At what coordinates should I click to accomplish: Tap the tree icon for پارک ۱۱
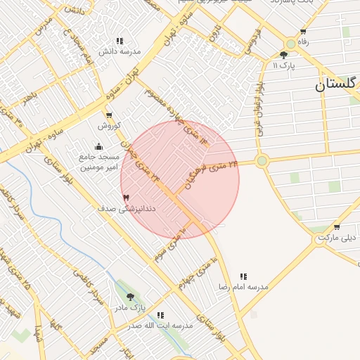point(284,55)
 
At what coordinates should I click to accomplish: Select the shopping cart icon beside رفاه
point(303,32)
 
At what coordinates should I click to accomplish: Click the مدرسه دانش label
point(120,51)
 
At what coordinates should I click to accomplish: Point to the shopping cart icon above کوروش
point(109,115)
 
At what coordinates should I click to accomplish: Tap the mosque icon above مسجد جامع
point(98,146)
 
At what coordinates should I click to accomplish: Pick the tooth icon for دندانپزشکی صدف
point(127,198)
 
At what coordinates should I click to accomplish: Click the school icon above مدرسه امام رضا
point(243,276)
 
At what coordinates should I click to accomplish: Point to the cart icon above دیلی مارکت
point(337,227)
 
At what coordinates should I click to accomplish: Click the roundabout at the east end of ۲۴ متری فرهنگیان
point(262,161)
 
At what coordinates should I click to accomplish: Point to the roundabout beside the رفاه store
point(290,44)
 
